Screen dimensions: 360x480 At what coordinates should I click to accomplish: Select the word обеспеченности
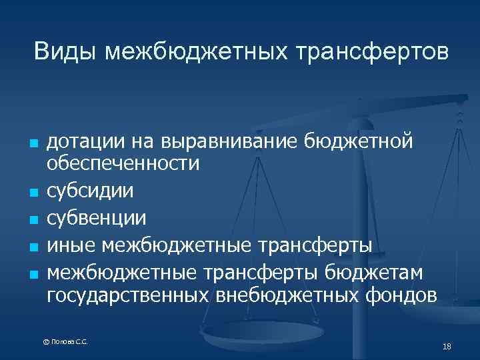click(x=123, y=163)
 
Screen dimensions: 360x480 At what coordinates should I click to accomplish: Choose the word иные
click(x=71, y=245)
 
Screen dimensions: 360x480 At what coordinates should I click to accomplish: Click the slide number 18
click(x=447, y=346)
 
